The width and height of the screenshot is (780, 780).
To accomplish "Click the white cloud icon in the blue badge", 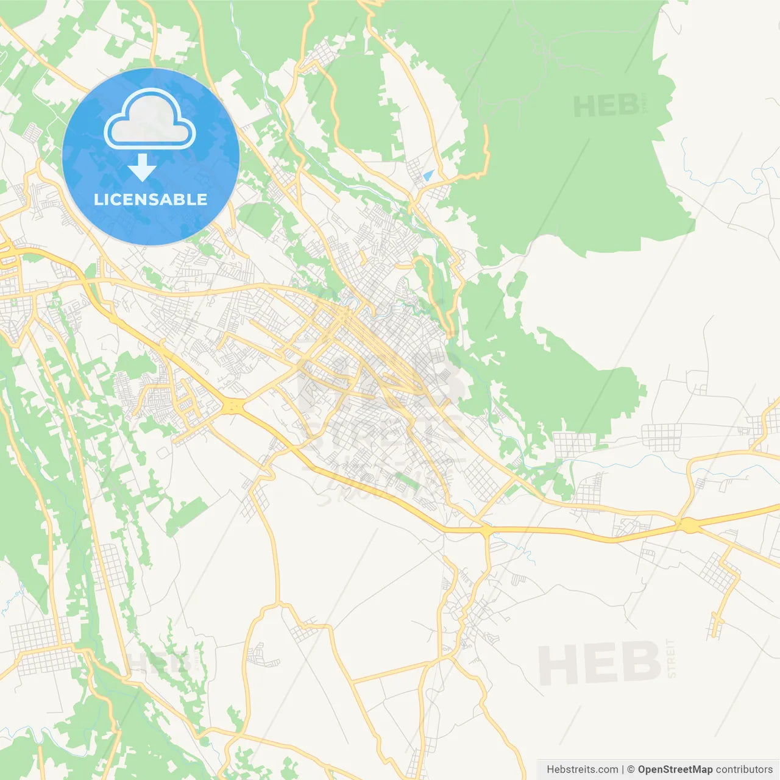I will pyautogui.click(x=150, y=119).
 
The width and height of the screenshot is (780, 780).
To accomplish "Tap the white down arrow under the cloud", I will pyautogui.click(x=142, y=168).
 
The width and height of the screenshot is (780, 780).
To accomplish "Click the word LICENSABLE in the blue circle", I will pyautogui.click(x=151, y=199).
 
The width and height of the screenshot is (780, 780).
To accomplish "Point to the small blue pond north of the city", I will pyautogui.click(x=428, y=175).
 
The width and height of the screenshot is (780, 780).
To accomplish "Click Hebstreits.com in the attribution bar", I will pyautogui.click(x=582, y=770).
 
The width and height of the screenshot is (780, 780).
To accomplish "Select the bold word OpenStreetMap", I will pyautogui.click(x=675, y=770).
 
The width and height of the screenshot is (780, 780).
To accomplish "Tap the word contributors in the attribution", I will pyautogui.click(x=744, y=770).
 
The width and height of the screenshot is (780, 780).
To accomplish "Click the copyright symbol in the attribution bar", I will pyautogui.click(x=631, y=770).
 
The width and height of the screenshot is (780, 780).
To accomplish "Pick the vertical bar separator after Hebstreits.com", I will pyautogui.click(x=623, y=770).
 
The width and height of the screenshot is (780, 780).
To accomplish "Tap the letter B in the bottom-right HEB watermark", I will pyautogui.click(x=640, y=664).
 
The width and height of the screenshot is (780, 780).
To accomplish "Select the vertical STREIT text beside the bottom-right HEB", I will pyautogui.click(x=672, y=659).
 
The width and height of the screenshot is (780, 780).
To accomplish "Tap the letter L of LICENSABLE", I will pyautogui.click(x=97, y=199).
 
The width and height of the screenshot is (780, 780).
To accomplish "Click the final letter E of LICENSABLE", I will pyautogui.click(x=202, y=199).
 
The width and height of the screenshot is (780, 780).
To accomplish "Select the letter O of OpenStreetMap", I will pyautogui.click(x=642, y=770).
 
